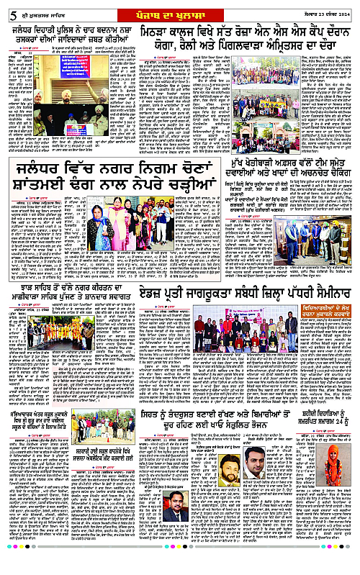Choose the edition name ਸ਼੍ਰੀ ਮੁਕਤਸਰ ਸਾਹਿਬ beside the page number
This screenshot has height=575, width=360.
[x=35, y=9]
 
